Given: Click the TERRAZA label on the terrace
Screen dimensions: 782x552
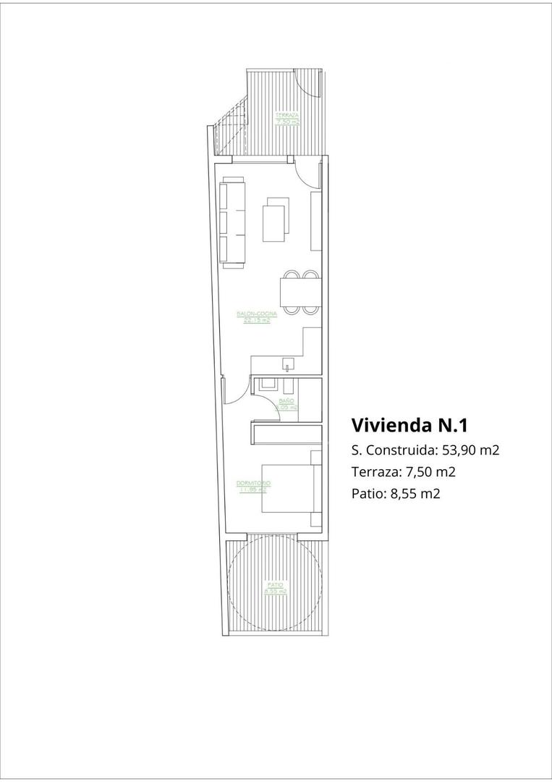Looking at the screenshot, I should click(287, 115).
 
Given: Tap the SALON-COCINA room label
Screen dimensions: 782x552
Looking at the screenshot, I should click(252, 314).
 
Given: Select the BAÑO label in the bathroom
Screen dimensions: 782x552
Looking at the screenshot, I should click(286, 400).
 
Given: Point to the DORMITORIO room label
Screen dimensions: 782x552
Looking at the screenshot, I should click(254, 483).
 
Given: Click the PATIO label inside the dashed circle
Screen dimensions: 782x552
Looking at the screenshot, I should click(275, 584).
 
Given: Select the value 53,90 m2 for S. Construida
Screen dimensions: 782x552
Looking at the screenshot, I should click(471, 450).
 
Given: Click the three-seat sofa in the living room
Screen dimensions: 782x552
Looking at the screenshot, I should click(233, 222).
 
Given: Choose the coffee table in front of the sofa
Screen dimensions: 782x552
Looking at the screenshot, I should click(275, 222).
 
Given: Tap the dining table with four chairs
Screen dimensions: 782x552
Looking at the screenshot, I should click(300, 293).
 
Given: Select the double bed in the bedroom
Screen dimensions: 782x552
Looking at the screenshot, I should click(287, 489).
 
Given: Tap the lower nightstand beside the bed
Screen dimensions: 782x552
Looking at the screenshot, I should click(316, 520).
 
